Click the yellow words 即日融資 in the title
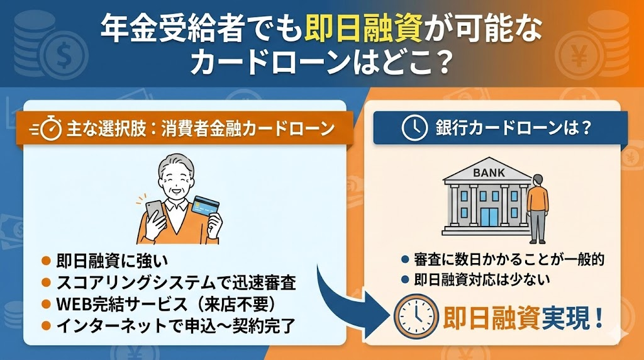tap(364, 29)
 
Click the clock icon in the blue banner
tap(414, 128)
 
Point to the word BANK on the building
tap(489, 173)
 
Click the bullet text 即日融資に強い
tap(112, 261)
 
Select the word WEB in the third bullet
tap(75, 305)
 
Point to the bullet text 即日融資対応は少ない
tap(482, 280)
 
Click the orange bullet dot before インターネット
tap(47, 326)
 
